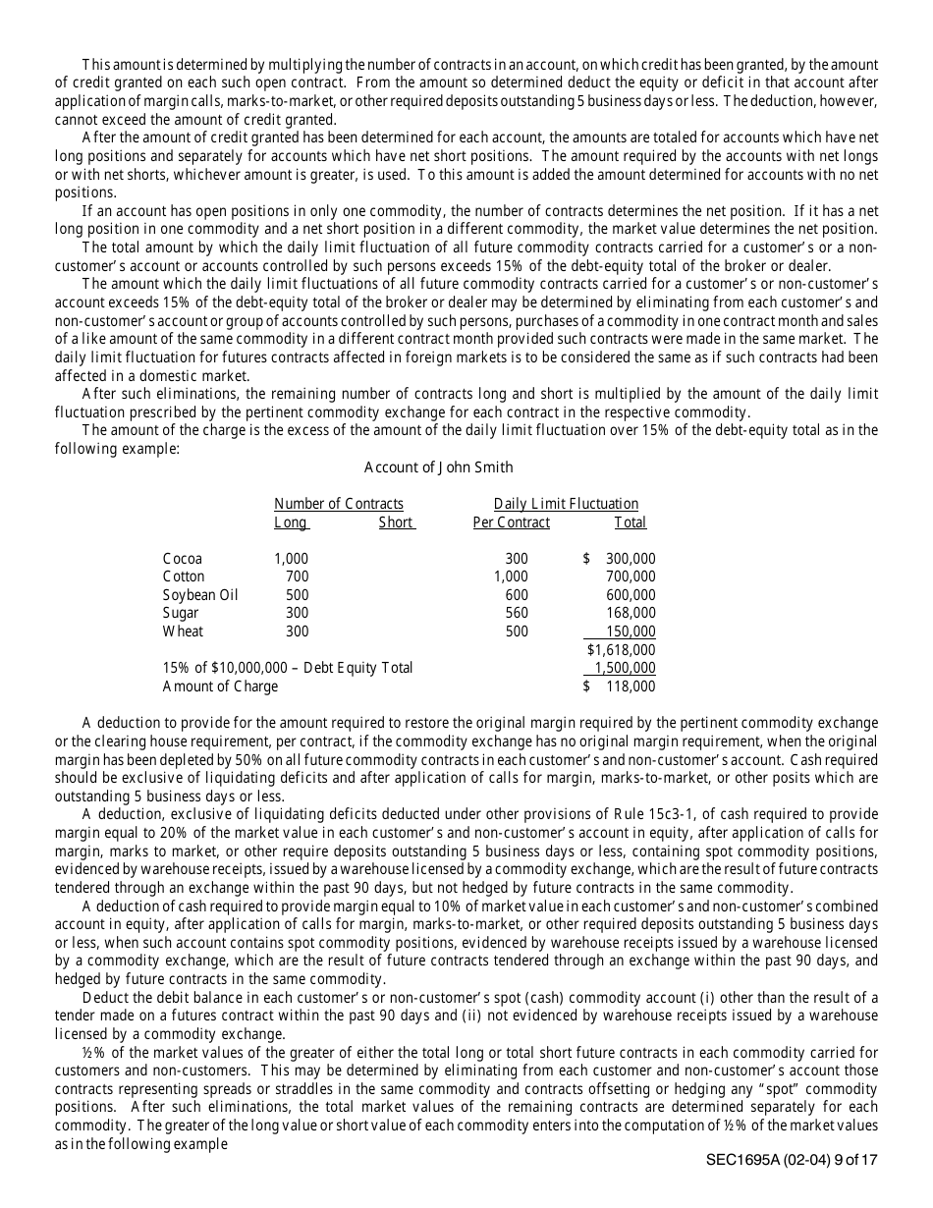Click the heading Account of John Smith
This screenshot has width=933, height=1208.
438,467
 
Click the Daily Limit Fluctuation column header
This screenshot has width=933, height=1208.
566,504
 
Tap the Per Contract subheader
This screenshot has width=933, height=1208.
511,522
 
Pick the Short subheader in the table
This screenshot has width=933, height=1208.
396,522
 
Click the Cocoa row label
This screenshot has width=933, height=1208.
183,559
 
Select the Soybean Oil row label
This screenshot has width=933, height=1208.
200,595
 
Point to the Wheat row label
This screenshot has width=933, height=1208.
183,631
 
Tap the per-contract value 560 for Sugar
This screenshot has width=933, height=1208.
516,613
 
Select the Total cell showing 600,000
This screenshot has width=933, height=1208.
631,595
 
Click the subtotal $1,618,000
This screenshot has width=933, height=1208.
621,650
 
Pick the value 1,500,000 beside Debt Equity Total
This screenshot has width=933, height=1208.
625,668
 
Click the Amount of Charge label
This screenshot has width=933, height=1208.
220,686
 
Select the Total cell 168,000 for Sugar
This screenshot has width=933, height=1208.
631,613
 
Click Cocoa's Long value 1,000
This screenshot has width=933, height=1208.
292,559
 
